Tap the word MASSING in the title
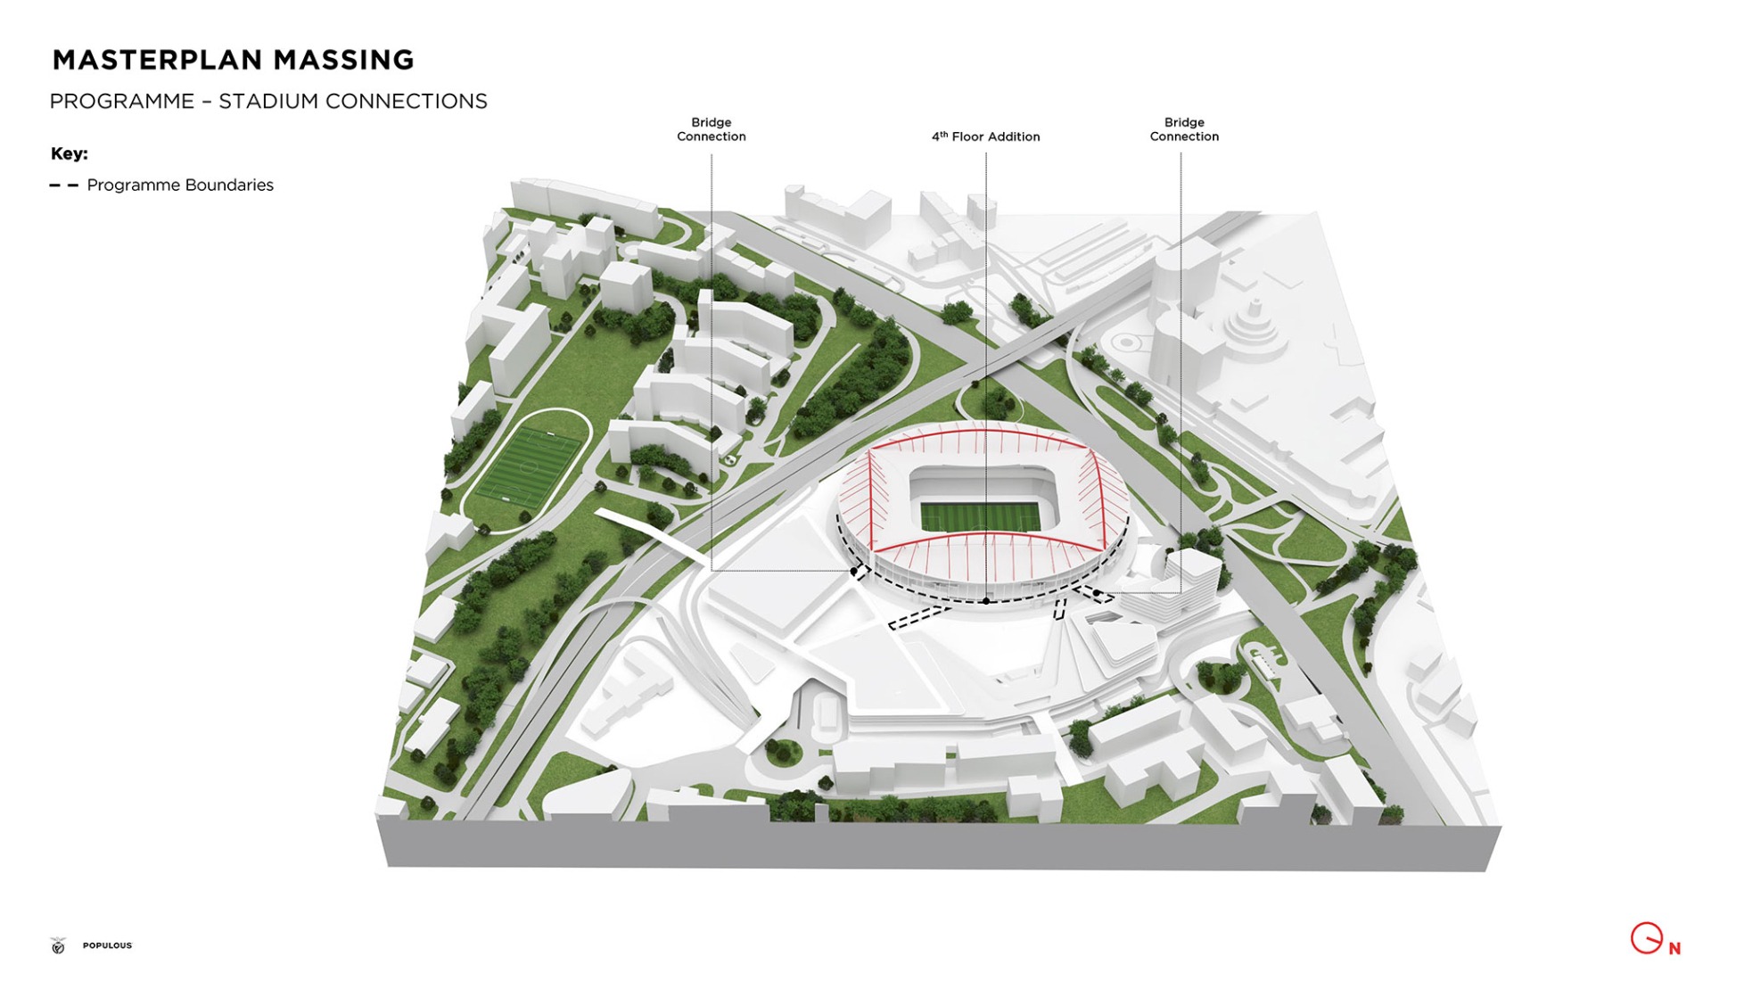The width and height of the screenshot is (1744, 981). (x=343, y=60)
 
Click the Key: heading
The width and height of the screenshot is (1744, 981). (x=70, y=153)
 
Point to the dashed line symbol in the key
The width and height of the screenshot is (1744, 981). (x=64, y=185)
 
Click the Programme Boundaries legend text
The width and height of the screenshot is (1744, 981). (x=180, y=185)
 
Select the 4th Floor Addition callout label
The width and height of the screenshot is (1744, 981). (x=985, y=136)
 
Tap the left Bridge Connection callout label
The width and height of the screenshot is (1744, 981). (x=711, y=129)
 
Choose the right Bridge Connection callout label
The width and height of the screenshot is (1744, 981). (x=1183, y=129)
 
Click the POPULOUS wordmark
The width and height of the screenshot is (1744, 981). (x=107, y=945)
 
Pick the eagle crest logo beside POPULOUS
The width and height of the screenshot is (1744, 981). (x=59, y=945)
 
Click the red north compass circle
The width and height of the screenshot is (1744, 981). (x=1646, y=938)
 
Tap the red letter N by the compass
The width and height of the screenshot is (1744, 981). (x=1674, y=949)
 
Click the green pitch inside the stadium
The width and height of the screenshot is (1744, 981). (x=980, y=516)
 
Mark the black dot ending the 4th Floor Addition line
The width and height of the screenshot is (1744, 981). (x=985, y=601)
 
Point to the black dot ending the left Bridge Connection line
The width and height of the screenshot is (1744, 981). (x=854, y=571)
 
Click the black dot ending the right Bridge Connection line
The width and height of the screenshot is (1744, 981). (x=1097, y=592)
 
